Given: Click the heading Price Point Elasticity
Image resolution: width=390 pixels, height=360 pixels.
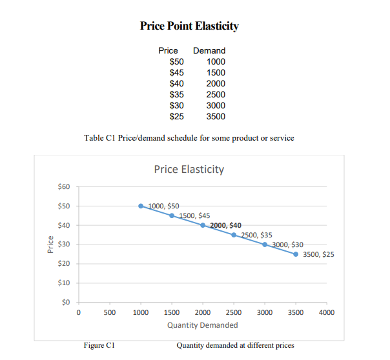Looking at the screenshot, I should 189,26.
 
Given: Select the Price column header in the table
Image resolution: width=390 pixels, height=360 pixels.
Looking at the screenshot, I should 168,50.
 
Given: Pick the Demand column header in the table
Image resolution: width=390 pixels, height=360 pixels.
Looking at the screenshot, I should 209,50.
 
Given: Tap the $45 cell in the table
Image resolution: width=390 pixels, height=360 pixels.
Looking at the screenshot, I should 176,72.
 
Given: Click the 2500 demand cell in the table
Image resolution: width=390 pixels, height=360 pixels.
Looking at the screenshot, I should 215,94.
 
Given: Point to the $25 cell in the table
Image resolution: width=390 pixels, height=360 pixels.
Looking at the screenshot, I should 176,116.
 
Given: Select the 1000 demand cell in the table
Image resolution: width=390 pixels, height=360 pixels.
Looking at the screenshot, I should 215,61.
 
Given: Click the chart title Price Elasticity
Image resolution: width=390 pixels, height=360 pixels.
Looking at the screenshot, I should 189,169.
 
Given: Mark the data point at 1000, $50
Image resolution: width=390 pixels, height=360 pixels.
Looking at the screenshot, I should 141,206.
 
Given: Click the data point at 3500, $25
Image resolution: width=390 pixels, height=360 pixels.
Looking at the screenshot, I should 296,254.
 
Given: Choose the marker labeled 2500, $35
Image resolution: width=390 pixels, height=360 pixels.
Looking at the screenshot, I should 234,235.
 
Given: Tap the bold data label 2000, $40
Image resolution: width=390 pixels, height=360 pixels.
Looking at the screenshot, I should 226,225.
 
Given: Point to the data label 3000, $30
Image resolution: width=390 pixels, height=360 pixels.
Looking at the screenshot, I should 288,245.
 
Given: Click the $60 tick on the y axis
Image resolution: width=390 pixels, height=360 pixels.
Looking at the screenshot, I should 63,187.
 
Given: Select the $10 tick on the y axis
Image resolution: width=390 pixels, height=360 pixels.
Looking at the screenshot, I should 63,283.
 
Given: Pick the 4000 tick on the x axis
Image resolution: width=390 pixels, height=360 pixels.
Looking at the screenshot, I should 326,312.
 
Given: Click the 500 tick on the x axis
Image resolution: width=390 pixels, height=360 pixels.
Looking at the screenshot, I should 109,312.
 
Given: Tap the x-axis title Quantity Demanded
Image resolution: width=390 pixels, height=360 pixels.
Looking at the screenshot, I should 202,325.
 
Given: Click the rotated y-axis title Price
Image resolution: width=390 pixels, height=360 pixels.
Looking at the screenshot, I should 50,245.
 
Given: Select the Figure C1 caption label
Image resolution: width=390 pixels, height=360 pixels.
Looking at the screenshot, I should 99,345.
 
